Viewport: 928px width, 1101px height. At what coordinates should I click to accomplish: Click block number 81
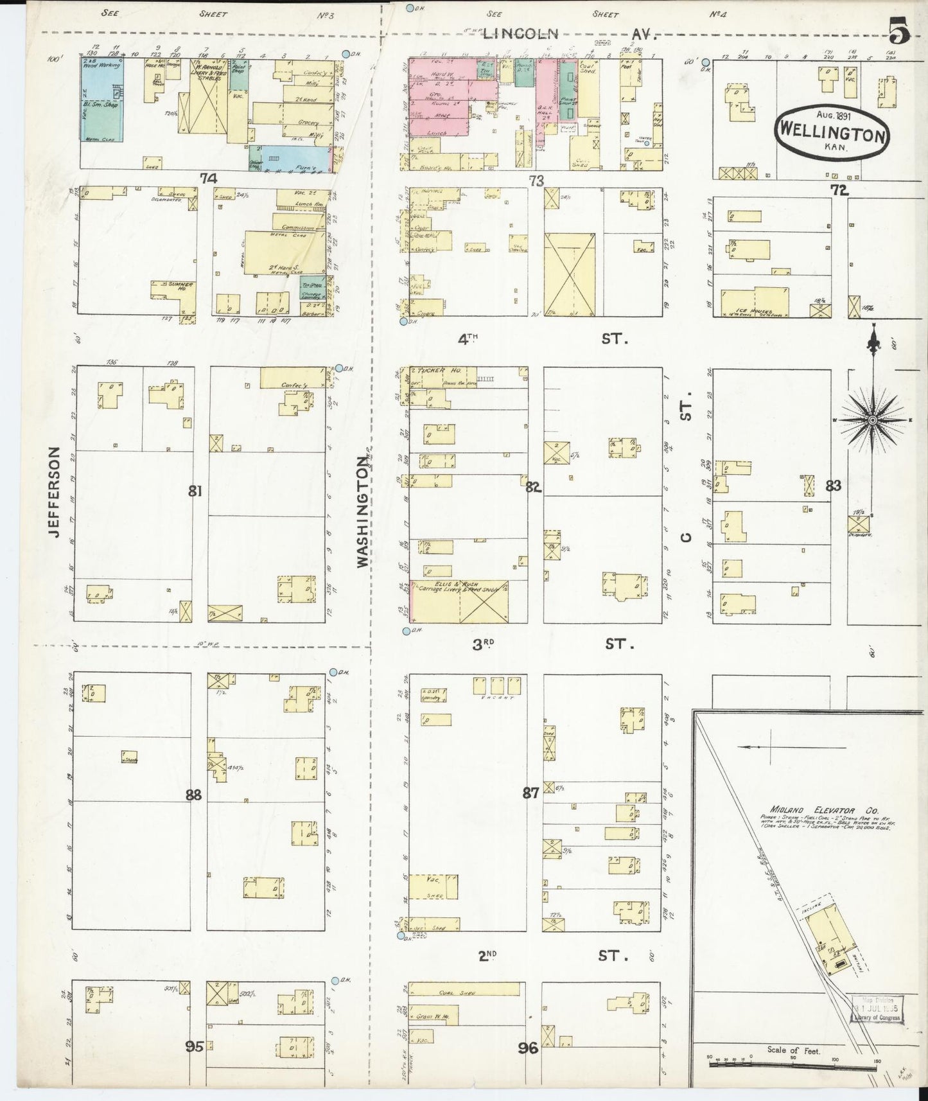pos(195,491)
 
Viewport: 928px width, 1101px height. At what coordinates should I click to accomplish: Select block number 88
pos(193,795)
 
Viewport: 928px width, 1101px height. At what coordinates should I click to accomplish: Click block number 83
pos(833,486)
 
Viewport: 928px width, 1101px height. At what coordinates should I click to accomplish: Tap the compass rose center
pos(871,420)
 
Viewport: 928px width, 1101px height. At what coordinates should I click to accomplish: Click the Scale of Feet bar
pos(794,1064)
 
